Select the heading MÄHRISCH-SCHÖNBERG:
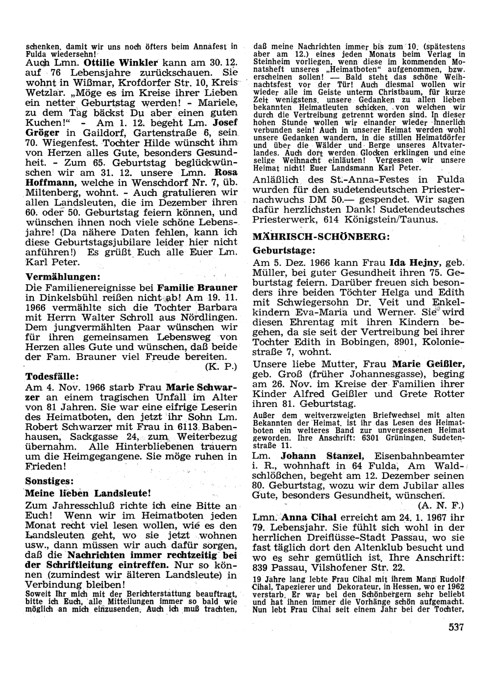coord(321,237)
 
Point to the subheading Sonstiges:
coord(49,480)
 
